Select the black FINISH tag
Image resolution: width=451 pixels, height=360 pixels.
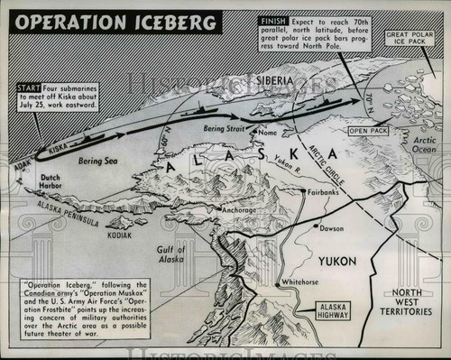(272, 19)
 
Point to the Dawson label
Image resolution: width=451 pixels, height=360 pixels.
(331, 228)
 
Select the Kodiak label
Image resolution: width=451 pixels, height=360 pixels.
(117, 235)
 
